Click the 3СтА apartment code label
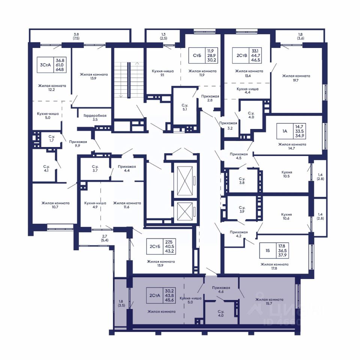point(45,65)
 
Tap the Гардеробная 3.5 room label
point(95,117)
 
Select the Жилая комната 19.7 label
point(296,78)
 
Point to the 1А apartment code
point(285,131)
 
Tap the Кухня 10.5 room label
point(286,174)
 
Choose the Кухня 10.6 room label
point(286,216)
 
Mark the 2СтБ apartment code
point(155,247)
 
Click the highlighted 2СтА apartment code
point(154,295)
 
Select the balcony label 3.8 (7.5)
point(76,36)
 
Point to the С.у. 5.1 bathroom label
point(185,107)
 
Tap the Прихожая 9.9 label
point(78,144)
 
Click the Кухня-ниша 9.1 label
point(162,73)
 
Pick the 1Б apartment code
point(268,250)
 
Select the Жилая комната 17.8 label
point(274,266)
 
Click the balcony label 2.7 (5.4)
point(105,238)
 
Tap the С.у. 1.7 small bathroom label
point(52,138)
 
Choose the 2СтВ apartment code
point(242,55)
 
